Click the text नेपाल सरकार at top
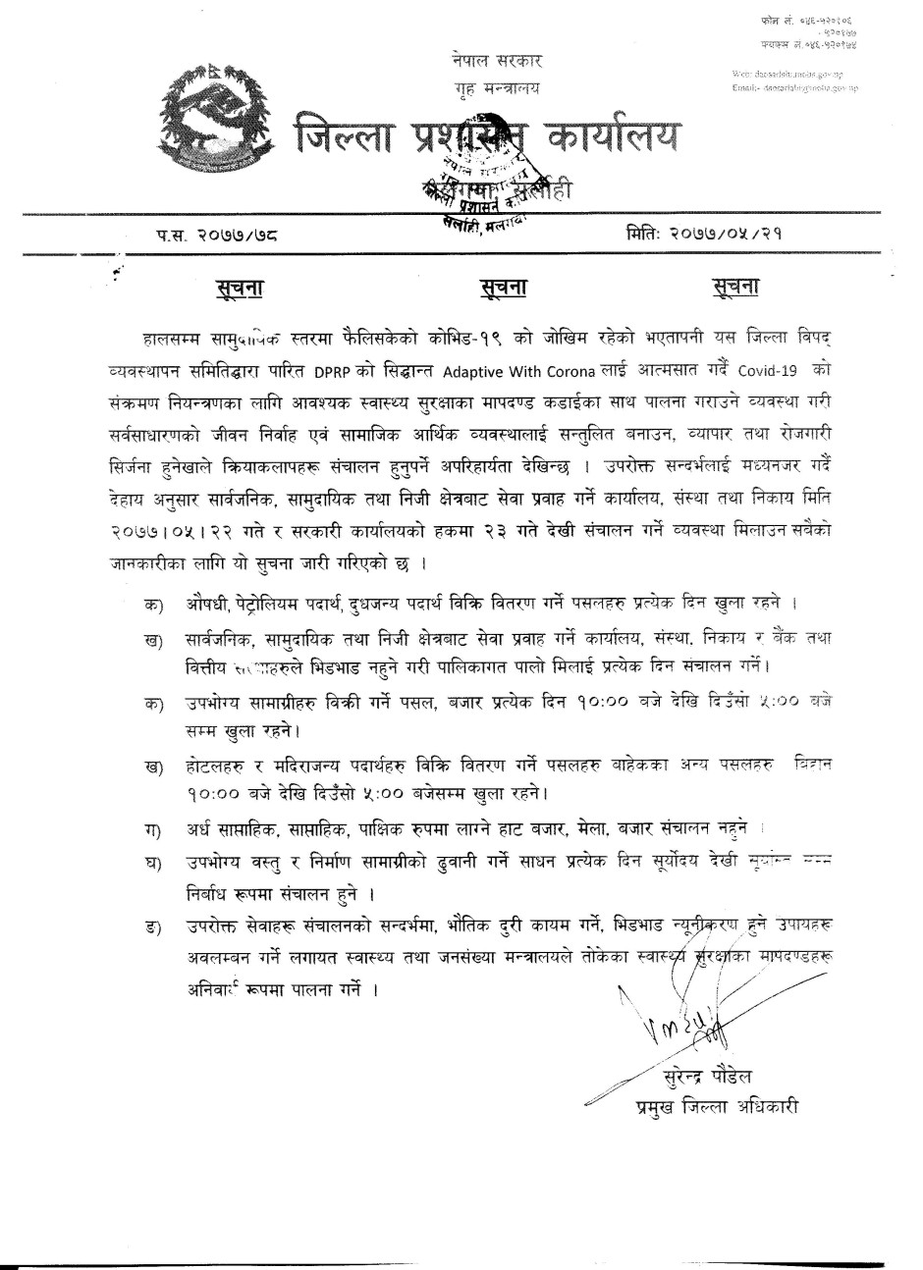point(490,61)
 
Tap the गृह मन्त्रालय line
point(490,89)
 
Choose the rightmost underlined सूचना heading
point(735,288)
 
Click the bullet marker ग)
point(152,833)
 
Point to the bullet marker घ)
point(152,864)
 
